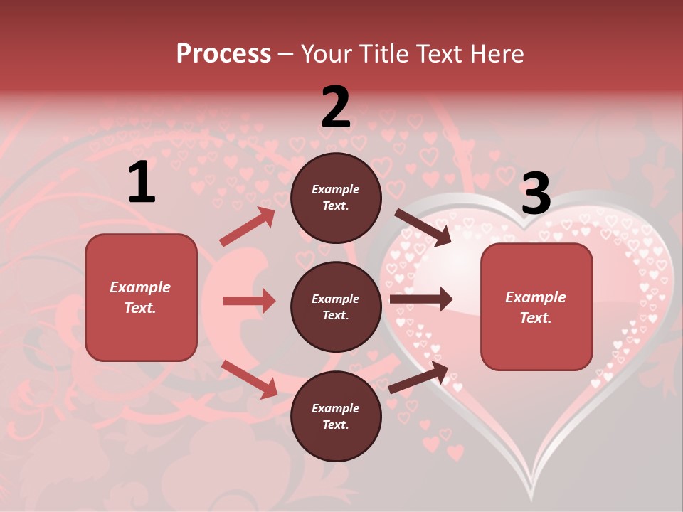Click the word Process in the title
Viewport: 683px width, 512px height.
pos(223,54)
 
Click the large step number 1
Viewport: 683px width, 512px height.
pos(142,183)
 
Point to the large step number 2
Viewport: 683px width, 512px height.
pos(336,107)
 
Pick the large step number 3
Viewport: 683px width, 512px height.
pos(536,194)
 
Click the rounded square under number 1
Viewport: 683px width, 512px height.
pos(141,297)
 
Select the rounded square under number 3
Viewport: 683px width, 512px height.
pos(536,306)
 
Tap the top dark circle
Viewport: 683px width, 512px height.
pos(336,198)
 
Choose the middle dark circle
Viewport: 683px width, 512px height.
pos(336,306)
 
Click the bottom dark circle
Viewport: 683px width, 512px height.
pos(336,416)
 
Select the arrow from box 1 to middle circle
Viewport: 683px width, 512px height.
pos(249,301)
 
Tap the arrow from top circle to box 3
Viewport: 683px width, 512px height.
pos(423,228)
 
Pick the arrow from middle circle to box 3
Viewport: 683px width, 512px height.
pos(421,299)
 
